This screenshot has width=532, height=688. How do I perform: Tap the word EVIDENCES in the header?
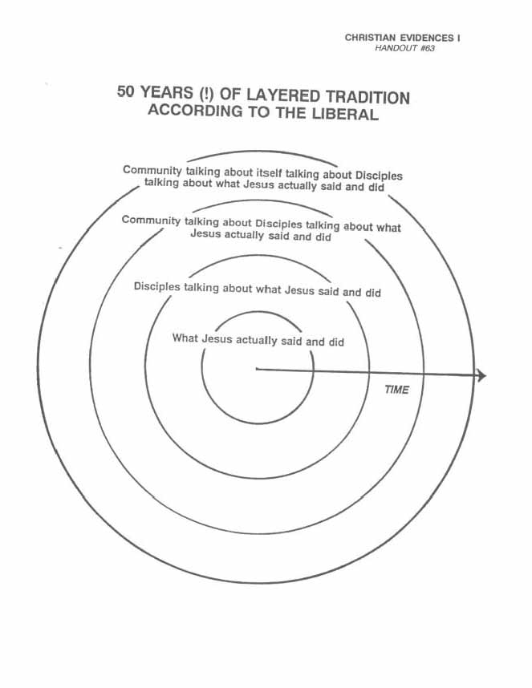click(427, 38)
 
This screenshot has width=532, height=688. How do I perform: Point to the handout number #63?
click(427, 48)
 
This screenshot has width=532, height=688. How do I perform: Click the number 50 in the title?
click(125, 91)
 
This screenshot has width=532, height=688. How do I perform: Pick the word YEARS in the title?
click(166, 92)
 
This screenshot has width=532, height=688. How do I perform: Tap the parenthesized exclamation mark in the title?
click(206, 94)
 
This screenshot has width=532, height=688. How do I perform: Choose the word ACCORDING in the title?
click(195, 110)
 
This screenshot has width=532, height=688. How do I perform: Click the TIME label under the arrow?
click(397, 390)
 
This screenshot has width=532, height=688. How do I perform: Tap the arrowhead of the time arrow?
click(481, 375)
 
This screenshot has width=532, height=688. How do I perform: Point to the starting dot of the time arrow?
click(257, 369)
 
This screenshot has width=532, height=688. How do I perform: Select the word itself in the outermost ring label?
click(269, 172)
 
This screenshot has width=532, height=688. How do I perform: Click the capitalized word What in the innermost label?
click(185, 338)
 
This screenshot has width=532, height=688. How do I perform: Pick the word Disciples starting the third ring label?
click(157, 286)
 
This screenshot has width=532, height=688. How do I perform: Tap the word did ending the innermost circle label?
click(336, 342)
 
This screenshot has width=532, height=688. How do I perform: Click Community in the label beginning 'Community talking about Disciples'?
click(151, 221)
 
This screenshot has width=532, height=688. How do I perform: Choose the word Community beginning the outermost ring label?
click(152, 170)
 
